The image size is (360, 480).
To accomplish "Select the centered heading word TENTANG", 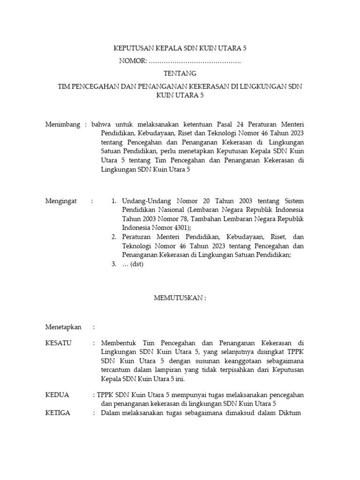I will [180, 74].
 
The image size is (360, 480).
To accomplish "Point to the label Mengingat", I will [61, 201].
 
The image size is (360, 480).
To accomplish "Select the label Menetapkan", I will [63, 327].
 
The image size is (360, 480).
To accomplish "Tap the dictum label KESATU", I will [58, 343].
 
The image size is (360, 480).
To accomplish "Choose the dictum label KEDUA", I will [57, 395].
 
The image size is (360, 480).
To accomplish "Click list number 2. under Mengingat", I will [114, 237].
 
